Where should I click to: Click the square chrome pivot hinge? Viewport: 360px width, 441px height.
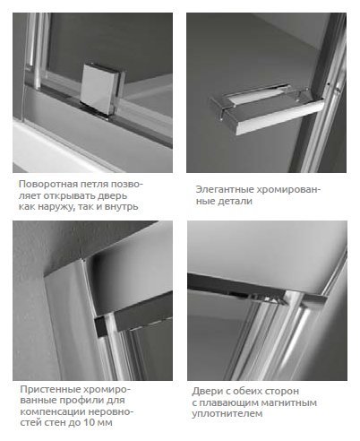click(x=102, y=89)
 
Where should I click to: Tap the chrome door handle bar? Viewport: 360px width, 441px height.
click(x=267, y=110)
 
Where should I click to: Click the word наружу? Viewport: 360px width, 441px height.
click(x=56, y=207)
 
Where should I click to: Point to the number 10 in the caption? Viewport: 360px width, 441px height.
click(x=90, y=423)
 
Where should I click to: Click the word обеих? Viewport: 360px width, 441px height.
click(x=248, y=391)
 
